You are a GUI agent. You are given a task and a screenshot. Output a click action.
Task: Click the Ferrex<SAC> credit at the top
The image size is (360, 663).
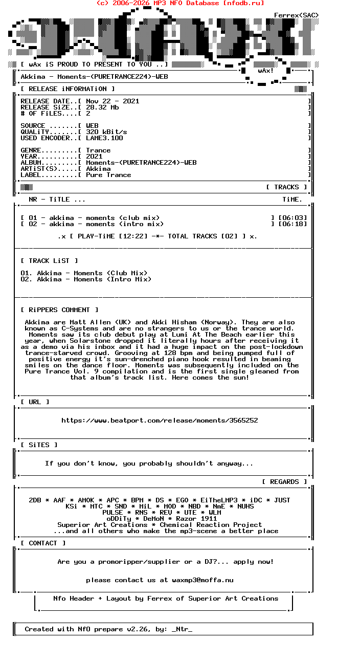pos(296,15)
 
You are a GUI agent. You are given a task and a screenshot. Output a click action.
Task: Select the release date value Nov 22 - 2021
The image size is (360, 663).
pos(112,101)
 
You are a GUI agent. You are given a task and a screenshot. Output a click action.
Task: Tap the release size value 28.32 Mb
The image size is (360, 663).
pos(102,107)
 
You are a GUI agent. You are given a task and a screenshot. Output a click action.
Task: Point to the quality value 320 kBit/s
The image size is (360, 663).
pos(106,132)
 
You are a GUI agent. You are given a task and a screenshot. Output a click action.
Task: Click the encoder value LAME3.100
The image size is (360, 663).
pos(104,138)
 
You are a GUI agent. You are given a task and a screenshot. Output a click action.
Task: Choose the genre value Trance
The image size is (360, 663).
pos(98,150)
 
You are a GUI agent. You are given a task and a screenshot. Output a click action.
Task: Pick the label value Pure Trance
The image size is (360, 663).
pos(108,175)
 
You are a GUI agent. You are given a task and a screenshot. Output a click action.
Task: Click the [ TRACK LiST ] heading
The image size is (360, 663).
pos(50,261)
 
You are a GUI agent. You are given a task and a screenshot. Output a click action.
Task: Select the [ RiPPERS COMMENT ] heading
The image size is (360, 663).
pos(60,310)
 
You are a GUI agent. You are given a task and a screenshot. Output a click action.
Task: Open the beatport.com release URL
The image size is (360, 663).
pos(160,421)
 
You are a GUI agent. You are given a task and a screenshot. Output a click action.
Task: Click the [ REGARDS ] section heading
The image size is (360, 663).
pos(284,482)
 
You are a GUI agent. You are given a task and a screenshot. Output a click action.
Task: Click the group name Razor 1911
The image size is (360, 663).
pos(196,519)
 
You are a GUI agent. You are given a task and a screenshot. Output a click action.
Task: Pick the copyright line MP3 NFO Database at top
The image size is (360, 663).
pos(180,3)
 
